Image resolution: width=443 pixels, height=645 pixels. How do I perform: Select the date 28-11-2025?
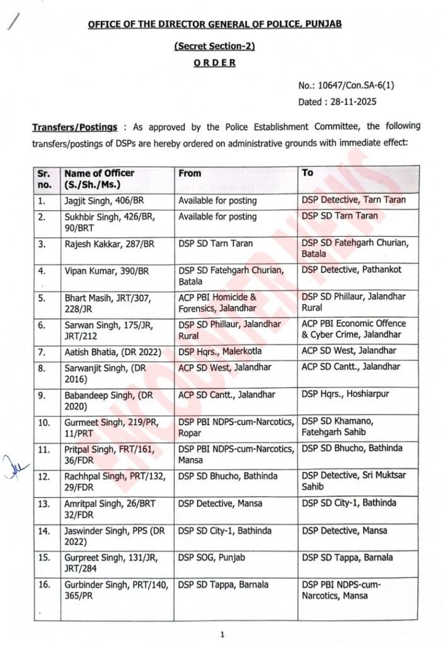[x=355, y=101]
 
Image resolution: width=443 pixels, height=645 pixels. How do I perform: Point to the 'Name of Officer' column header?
[x=100, y=173]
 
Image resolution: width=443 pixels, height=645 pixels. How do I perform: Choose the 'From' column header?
[x=190, y=173]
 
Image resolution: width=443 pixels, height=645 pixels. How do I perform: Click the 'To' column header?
[x=308, y=172]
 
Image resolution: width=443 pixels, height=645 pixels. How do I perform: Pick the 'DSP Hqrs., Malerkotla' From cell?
[x=219, y=351]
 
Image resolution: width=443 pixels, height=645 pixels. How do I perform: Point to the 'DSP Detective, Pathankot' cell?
[x=351, y=270]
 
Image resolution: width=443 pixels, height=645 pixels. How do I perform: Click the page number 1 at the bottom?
[x=222, y=634]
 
